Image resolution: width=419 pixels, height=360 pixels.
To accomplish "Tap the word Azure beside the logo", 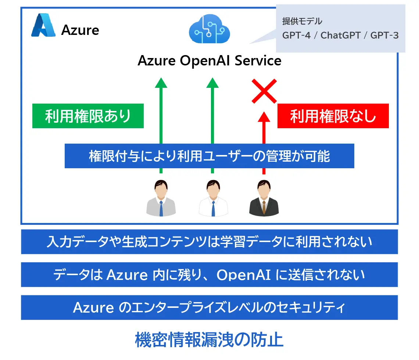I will [80, 30].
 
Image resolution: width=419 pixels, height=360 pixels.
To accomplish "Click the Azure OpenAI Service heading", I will [209, 61].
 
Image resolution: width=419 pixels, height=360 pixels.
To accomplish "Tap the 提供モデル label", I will [302, 21].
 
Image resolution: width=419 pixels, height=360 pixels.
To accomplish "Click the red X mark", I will [264, 91].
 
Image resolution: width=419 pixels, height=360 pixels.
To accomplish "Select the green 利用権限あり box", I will [88, 116].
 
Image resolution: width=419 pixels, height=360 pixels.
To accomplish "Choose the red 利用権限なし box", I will [333, 116].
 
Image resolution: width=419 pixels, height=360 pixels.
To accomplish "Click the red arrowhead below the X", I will [264, 117].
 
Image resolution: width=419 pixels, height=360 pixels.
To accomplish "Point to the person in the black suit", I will [264, 198].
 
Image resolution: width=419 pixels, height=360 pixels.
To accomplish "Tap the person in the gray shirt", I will [161, 198].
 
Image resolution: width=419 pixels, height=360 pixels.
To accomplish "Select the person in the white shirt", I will [212, 198].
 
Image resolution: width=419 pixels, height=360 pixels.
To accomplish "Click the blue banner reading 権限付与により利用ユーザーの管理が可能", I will [209, 156].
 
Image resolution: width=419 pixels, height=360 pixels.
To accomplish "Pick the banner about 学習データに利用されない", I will [209, 242].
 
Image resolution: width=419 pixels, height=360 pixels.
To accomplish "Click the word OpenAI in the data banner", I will [243, 275].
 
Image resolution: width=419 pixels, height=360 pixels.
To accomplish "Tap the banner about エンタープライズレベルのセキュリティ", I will [209, 307].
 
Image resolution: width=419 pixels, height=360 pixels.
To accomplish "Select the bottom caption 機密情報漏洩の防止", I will [209, 340].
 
